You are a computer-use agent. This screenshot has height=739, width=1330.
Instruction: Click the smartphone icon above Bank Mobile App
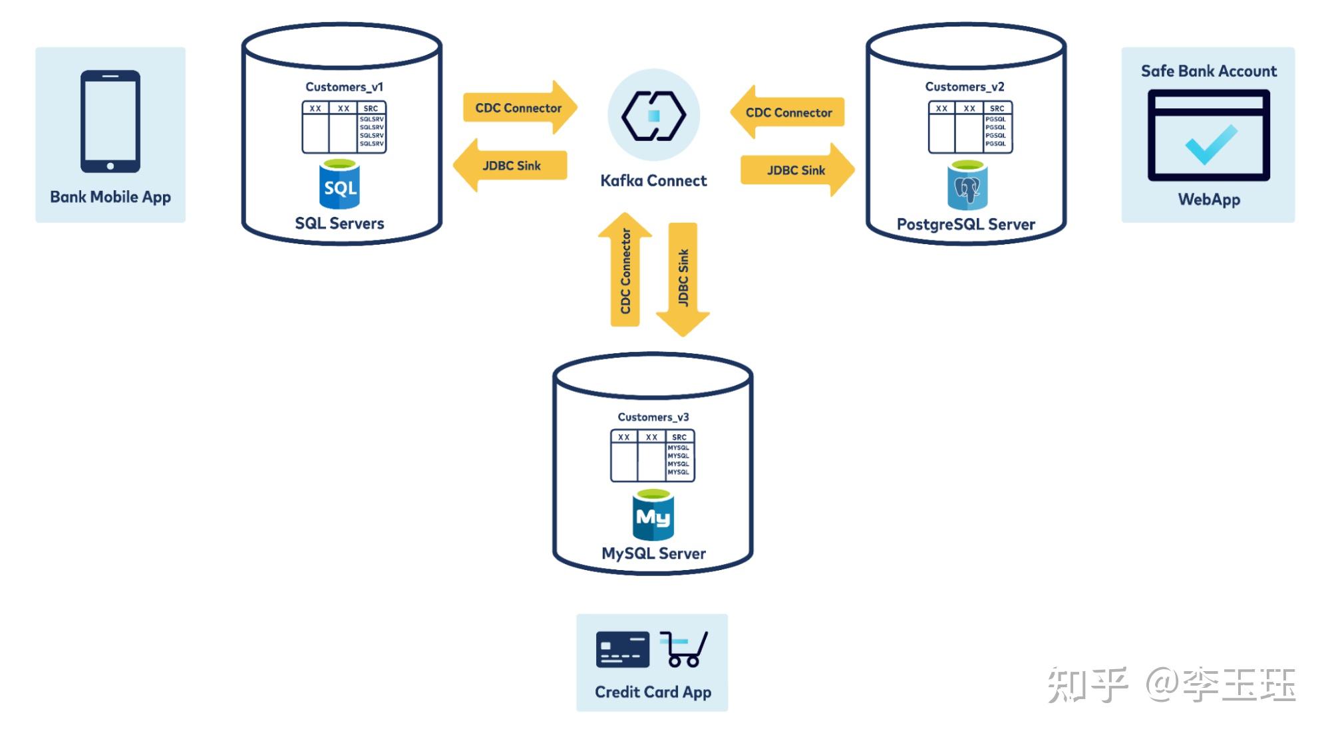point(110,121)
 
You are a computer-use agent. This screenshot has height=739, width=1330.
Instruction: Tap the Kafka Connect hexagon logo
point(653,116)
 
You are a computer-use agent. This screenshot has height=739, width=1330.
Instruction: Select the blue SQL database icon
point(339,185)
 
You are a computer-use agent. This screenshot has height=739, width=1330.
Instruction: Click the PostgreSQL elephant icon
point(967,186)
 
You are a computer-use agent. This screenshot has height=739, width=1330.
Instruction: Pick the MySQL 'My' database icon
point(653,516)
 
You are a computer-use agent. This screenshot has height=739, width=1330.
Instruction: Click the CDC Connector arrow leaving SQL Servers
point(519,108)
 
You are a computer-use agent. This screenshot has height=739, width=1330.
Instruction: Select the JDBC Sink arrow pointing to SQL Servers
point(511,166)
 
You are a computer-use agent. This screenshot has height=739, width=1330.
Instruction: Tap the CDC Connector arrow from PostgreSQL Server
point(788,112)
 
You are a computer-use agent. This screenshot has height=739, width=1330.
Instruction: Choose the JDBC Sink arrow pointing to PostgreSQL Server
point(796,170)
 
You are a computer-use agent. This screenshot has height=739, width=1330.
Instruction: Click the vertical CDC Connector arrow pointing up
point(625,271)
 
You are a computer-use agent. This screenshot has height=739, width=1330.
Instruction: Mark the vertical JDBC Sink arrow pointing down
point(683,278)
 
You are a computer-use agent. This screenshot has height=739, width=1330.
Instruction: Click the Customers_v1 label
point(344,87)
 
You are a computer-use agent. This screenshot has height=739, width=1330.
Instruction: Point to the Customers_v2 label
point(964,87)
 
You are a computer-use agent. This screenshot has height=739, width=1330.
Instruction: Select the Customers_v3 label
point(653,417)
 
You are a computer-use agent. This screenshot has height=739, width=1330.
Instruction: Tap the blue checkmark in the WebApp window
point(1211,144)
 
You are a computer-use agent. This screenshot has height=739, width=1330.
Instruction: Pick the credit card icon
point(622,649)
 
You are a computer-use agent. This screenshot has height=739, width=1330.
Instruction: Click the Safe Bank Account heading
point(1208,71)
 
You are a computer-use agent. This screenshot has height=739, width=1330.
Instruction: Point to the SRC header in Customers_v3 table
point(679,437)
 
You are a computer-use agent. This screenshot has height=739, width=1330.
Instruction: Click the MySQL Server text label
point(653,553)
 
